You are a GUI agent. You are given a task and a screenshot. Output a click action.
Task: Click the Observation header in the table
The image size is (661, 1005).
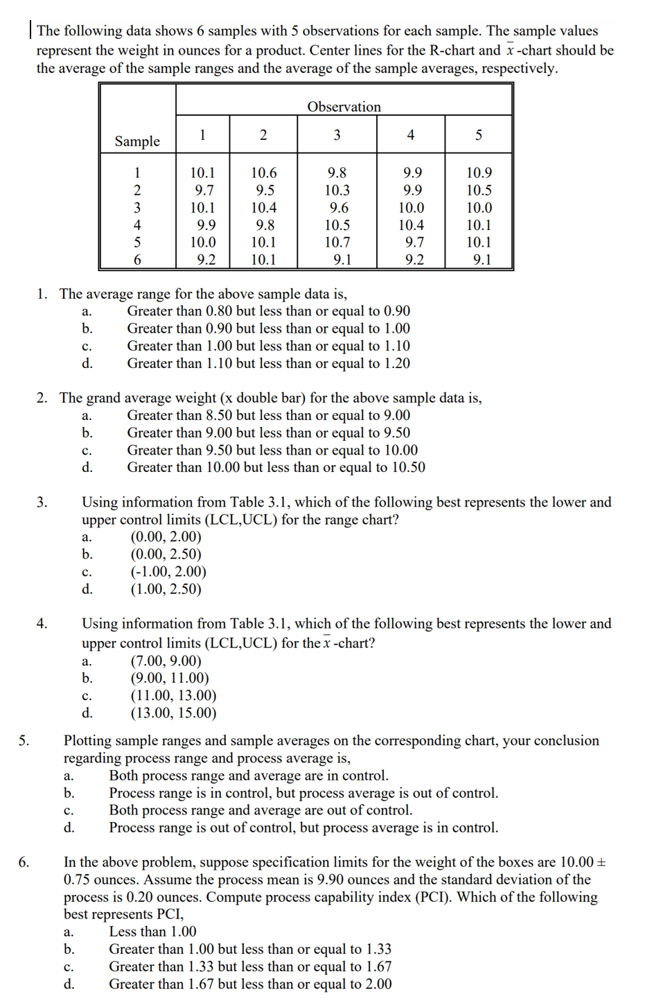(x=344, y=107)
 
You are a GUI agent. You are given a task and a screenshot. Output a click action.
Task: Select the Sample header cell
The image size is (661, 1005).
(x=137, y=141)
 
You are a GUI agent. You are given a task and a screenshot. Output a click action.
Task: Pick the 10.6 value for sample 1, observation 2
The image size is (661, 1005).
(x=263, y=173)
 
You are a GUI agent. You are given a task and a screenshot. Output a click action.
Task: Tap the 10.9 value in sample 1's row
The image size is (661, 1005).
(x=479, y=173)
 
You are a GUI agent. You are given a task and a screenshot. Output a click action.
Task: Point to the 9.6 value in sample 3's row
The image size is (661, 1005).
(x=339, y=208)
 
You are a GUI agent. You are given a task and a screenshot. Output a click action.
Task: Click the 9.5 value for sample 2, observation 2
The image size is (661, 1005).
(x=265, y=191)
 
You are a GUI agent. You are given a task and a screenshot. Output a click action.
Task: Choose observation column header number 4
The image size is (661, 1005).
(x=410, y=135)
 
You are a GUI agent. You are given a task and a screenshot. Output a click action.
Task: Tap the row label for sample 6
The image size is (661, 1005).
(x=137, y=260)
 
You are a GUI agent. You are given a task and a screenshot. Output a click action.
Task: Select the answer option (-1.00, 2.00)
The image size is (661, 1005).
(x=168, y=572)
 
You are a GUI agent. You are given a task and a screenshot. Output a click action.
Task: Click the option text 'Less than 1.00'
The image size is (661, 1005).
(x=152, y=932)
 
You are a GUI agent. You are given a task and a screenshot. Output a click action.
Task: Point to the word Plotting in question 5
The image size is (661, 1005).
(x=90, y=741)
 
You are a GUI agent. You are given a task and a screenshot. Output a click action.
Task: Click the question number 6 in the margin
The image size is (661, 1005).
(x=24, y=862)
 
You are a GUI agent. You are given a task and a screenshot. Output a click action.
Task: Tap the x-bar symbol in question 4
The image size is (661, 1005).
(x=326, y=643)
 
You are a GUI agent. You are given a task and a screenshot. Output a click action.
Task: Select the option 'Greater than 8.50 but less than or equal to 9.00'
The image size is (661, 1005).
(x=268, y=415)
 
